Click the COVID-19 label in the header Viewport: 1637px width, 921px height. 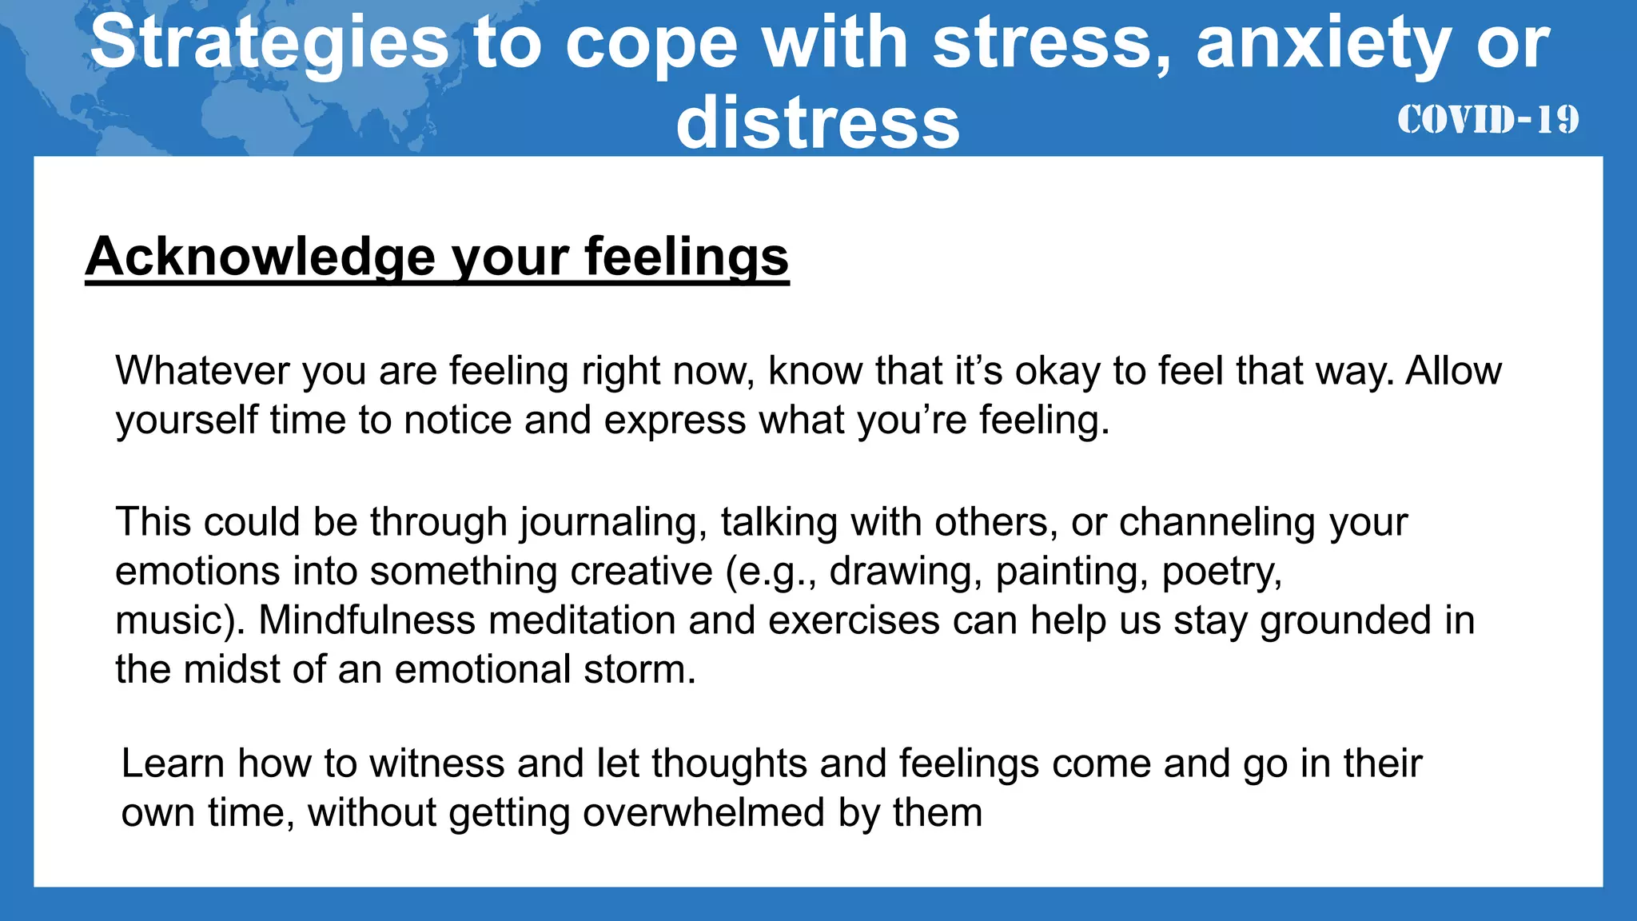(1488, 121)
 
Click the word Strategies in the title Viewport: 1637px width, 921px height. (269, 43)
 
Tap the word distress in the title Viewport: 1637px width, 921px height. (818, 123)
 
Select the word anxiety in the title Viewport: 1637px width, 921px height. (1323, 43)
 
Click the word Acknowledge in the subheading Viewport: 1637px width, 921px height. (261, 257)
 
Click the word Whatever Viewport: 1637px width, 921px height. (202, 371)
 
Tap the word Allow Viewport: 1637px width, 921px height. (1454, 371)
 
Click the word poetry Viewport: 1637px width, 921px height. (1221, 572)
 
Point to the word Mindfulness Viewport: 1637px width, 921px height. (368, 620)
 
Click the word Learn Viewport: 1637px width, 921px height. (173, 764)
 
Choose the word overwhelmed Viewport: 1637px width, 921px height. (704, 812)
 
